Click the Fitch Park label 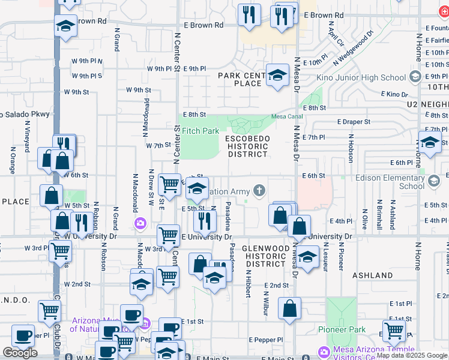click(x=200, y=131)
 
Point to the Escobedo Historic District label click(x=247, y=146)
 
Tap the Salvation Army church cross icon click(x=259, y=191)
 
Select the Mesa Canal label click(x=285, y=116)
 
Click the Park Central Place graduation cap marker click(x=277, y=76)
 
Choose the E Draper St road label click(x=354, y=122)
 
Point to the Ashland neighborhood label click(x=373, y=275)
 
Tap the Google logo click(x=20, y=353)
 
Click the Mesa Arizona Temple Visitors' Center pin click(x=324, y=351)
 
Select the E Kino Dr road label click(x=397, y=95)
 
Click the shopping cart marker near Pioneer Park click(x=394, y=329)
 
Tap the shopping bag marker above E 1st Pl click(x=289, y=309)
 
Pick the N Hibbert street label click(x=247, y=283)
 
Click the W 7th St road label click(x=158, y=146)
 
